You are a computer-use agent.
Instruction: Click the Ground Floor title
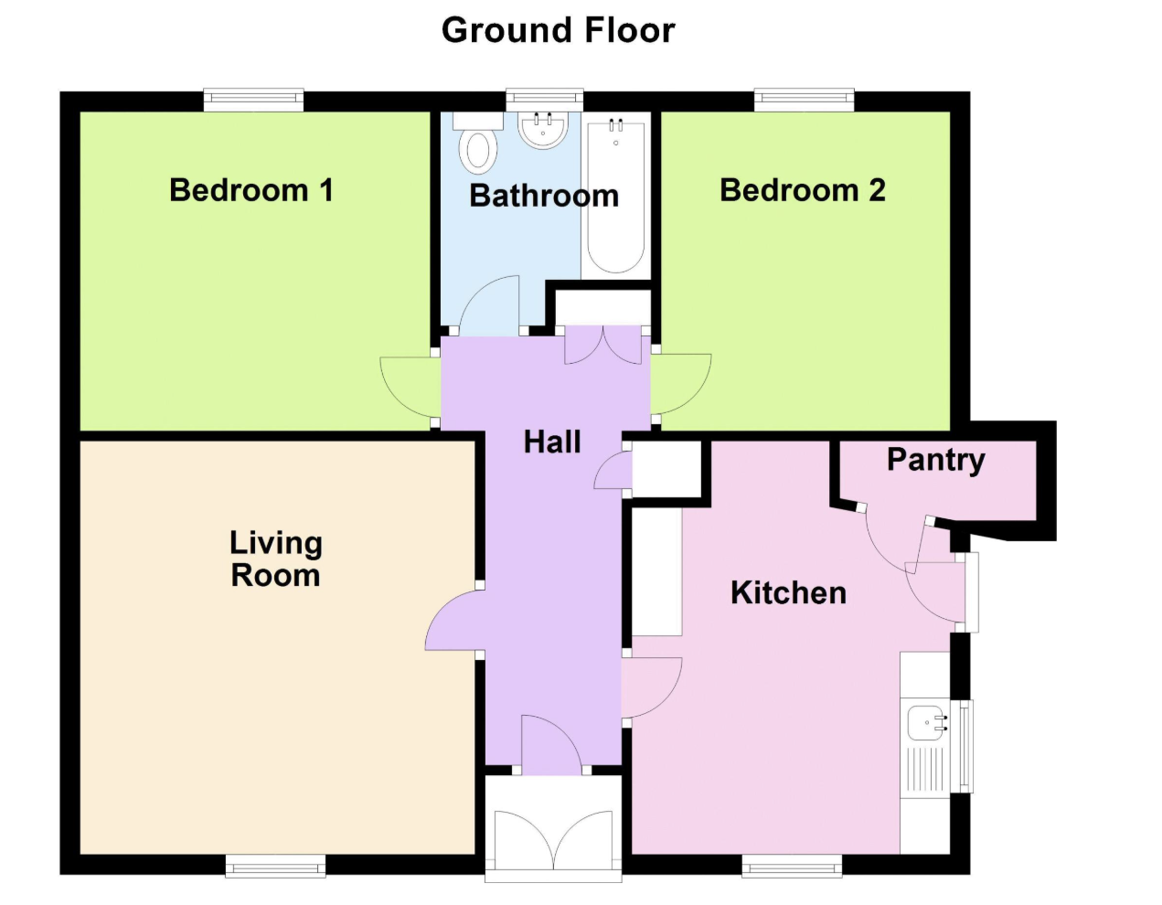pyautogui.click(x=558, y=30)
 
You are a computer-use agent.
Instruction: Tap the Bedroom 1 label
pyautogui.click(x=251, y=190)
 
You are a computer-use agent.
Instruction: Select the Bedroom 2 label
pyautogui.click(x=802, y=190)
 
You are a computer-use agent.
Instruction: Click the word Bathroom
pyautogui.click(x=544, y=196)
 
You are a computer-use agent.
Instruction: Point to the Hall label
pyautogui.click(x=552, y=442)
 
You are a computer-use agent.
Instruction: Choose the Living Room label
pyautogui.click(x=276, y=559)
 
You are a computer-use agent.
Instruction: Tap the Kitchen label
pyautogui.click(x=788, y=592)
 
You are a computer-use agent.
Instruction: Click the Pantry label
pyautogui.click(x=936, y=460)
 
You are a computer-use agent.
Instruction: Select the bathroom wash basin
pyautogui.click(x=542, y=130)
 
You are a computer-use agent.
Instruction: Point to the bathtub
pyautogui.click(x=615, y=196)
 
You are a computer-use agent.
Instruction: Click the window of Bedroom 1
pyautogui.click(x=254, y=100)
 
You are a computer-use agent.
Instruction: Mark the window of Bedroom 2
pyautogui.click(x=805, y=100)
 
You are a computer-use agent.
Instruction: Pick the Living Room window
pyautogui.click(x=275, y=866)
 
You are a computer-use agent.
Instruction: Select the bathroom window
pyautogui.click(x=544, y=100)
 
